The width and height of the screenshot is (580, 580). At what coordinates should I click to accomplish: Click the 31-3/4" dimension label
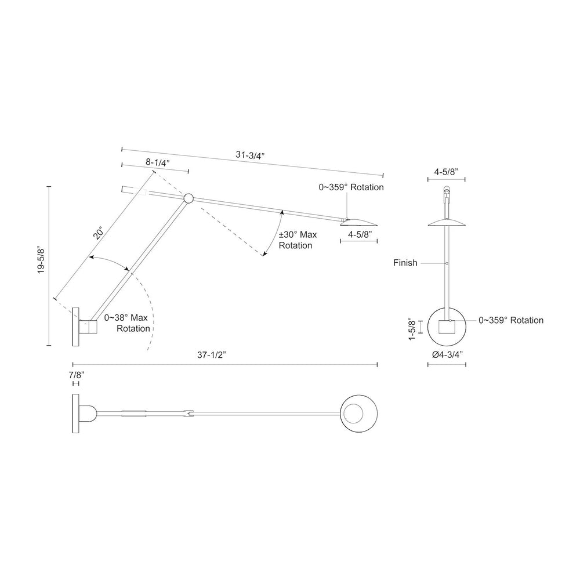coord(251,155)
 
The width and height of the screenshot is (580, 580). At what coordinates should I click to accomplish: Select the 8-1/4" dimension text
coord(158,162)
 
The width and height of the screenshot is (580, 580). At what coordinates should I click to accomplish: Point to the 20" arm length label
coord(99,233)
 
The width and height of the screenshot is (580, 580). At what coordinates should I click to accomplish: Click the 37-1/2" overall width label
coord(212,355)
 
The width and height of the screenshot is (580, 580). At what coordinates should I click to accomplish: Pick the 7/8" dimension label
coord(77,374)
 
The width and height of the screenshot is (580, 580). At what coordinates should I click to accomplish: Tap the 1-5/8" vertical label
coord(412,329)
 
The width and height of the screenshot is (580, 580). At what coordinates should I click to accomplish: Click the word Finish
coord(405,263)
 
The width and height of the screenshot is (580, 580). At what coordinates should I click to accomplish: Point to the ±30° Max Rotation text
coord(298,240)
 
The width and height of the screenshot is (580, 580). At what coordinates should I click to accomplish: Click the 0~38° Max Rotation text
coord(127,323)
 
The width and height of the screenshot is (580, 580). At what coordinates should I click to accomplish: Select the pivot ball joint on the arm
coord(188,198)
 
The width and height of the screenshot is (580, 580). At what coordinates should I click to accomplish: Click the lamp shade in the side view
coord(358,222)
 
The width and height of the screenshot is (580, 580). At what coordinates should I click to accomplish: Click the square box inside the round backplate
coord(446,327)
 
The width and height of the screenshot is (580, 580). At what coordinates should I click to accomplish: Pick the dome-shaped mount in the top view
coord(88,414)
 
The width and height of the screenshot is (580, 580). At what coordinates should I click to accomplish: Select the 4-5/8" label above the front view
coord(446,172)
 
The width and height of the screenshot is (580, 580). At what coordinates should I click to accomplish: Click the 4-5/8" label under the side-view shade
coord(360,234)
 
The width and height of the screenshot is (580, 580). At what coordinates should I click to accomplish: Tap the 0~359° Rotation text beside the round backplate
coord(511,320)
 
